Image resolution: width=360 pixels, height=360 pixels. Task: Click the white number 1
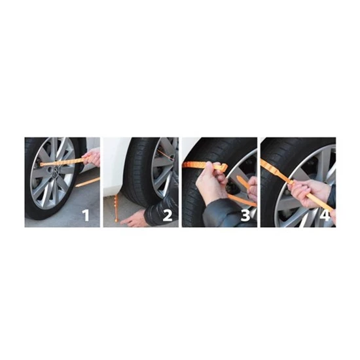tap(86, 215)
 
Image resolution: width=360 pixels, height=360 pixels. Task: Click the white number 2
tap(168, 215)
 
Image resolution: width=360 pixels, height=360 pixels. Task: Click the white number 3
tap(245, 215)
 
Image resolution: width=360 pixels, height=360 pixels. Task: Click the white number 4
tap(325, 215)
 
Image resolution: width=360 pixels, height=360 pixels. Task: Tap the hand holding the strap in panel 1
tap(92, 157)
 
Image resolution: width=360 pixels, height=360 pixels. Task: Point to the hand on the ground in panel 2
tap(133, 219)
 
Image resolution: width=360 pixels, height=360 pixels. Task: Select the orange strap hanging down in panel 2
tap(117, 207)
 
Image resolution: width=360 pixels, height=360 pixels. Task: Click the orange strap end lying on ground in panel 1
tap(88, 182)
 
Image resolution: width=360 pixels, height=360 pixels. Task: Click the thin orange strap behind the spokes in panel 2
tap(166, 154)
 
